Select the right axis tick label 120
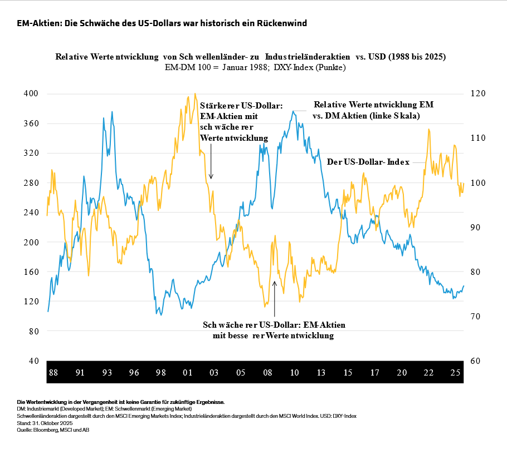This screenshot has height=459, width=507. (x=481, y=94)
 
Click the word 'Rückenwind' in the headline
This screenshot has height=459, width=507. (x=281, y=23)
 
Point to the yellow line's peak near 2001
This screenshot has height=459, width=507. (x=195, y=94)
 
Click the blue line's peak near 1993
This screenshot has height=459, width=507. (x=112, y=112)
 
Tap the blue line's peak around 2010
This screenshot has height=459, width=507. (x=293, y=111)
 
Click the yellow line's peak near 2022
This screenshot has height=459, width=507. (x=428, y=130)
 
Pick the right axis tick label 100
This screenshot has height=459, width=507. (x=481, y=183)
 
